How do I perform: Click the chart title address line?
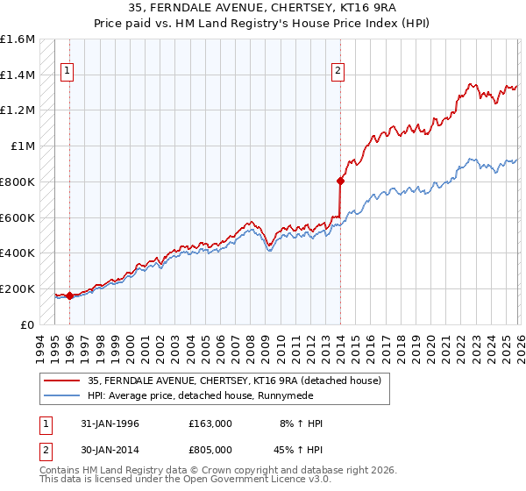tap(262, 8)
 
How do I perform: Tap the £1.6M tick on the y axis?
tap(18, 39)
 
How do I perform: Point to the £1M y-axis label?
tap(23, 146)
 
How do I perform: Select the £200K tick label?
tap(18, 288)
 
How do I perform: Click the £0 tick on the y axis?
tap(28, 324)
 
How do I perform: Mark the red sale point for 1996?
tap(69, 295)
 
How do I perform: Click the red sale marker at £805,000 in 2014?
tap(340, 181)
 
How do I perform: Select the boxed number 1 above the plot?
tap(68, 73)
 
